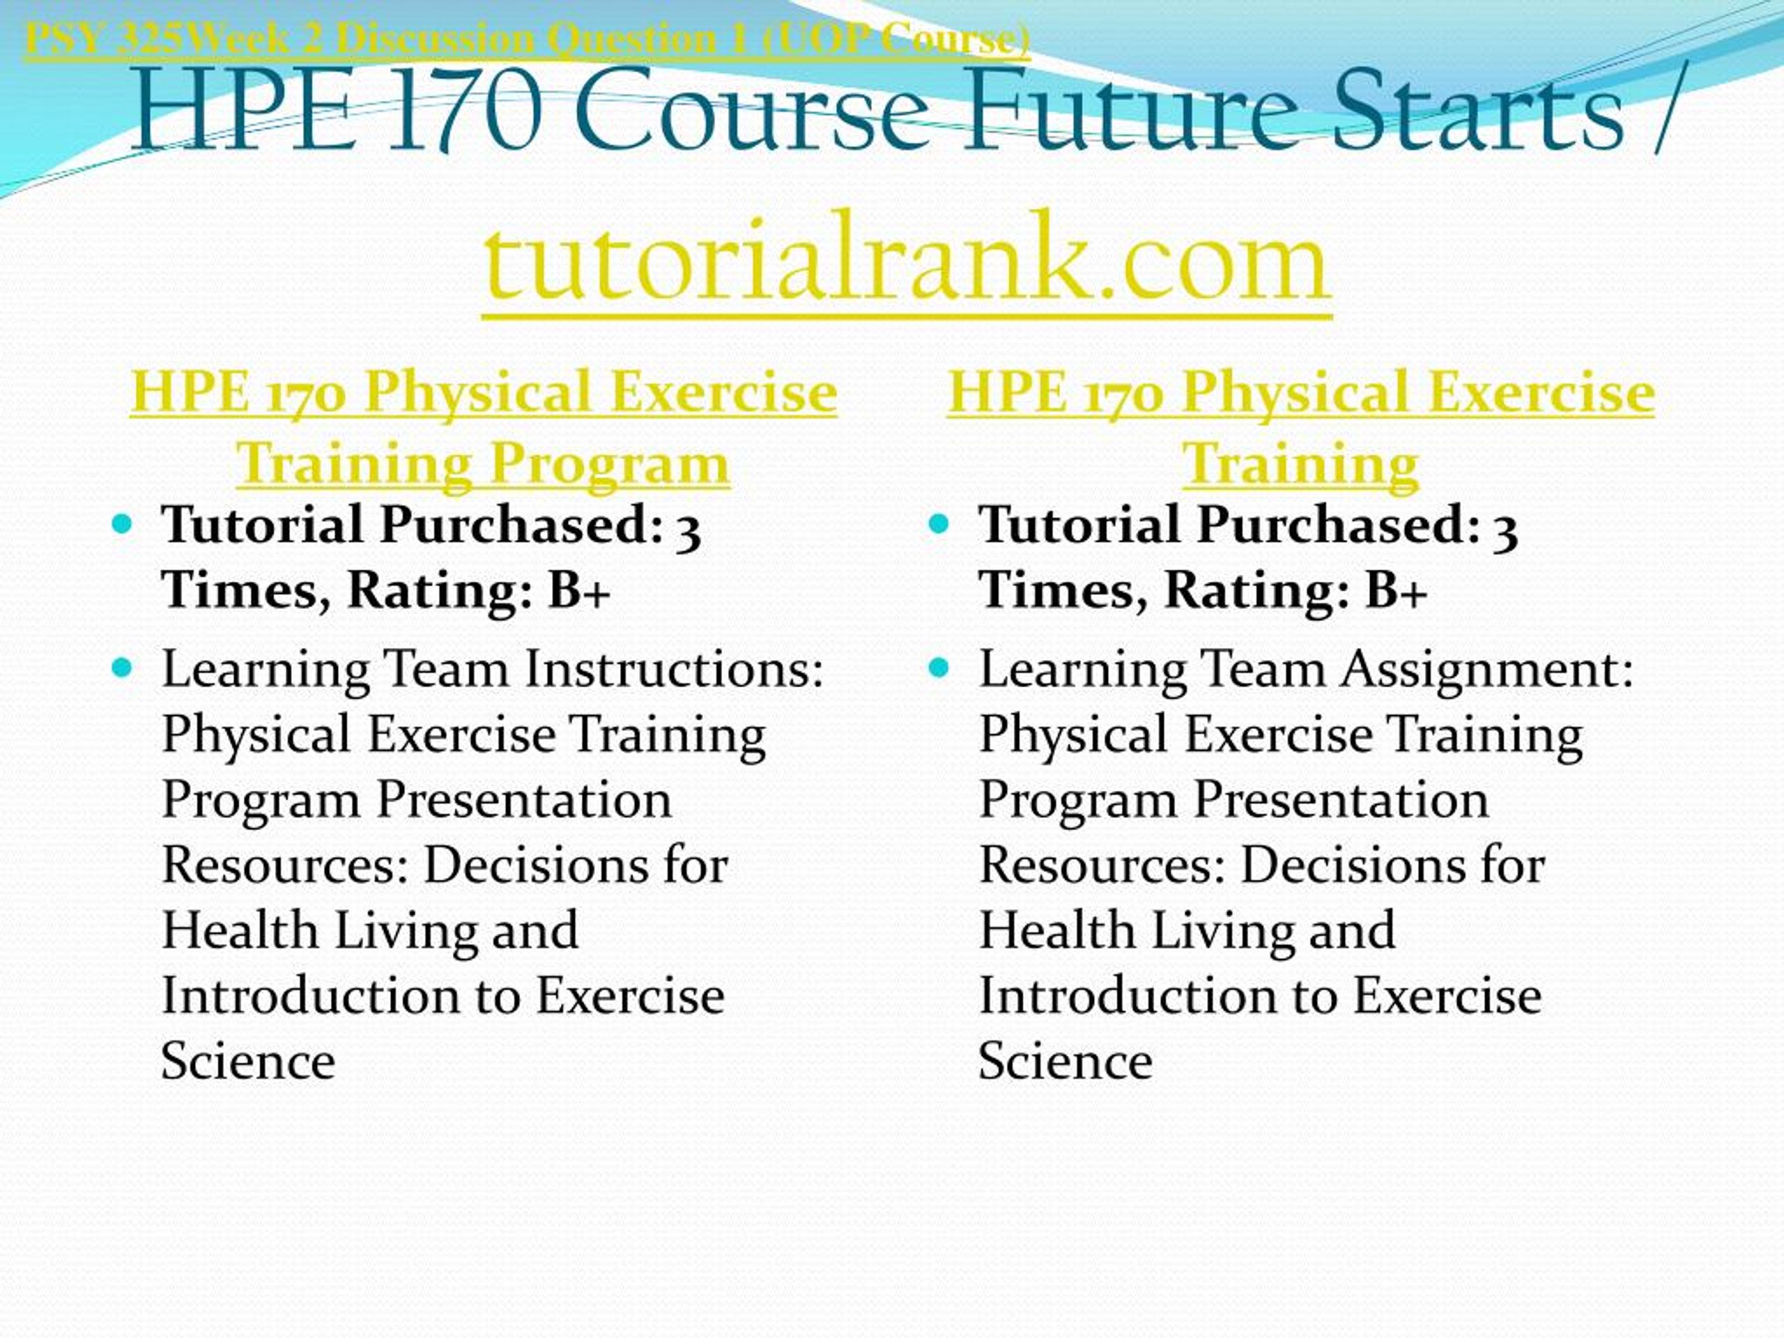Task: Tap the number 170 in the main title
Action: [x=463, y=109]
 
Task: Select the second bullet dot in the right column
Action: [x=939, y=668]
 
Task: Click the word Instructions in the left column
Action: [x=675, y=670]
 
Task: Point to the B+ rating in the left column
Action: [x=579, y=590]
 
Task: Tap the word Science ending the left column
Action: [x=248, y=1061]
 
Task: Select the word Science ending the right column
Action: [x=1066, y=1061]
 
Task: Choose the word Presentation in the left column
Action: [x=524, y=800]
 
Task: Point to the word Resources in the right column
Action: [x=1102, y=866]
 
